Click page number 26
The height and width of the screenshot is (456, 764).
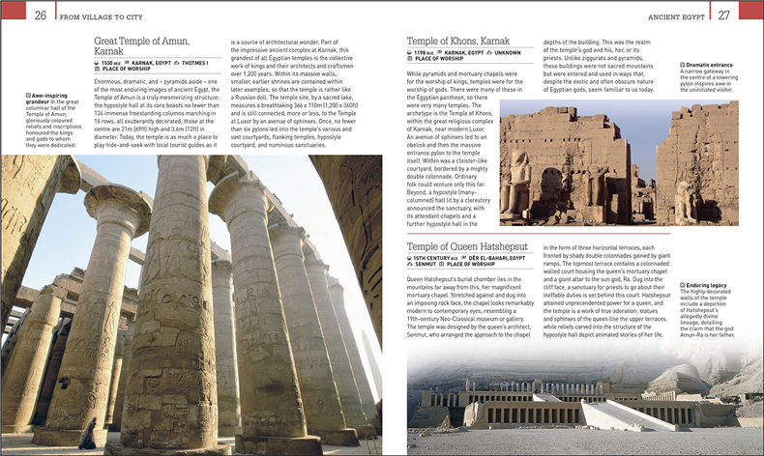pos(41,14)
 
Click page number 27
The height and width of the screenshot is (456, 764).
pos(723,14)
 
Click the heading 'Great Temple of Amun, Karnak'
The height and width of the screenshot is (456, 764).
pos(141,45)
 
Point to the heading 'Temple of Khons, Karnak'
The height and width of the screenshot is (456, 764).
pos(458,42)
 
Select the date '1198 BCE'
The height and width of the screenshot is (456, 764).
pos(428,54)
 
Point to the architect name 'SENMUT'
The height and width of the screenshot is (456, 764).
pos(427,266)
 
